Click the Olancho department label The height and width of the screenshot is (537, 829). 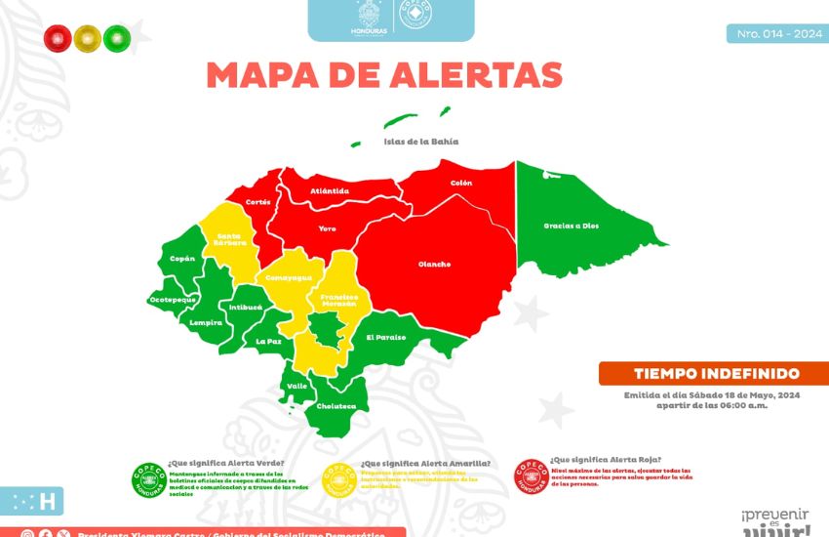tap(434, 264)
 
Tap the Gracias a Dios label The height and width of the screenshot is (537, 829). tap(571, 226)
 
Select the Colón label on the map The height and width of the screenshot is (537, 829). tap(460, 183)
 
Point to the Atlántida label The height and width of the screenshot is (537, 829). tap(329, 190)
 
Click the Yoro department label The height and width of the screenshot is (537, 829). tap(327, 227)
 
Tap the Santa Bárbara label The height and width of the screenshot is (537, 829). tap(230, 238)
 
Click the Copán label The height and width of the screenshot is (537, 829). tap(182, 259)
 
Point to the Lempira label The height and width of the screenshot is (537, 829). tap(206, 321)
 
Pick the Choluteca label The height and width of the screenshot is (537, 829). tap(335, 405)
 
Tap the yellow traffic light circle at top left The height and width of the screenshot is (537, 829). tap(87, 38)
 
